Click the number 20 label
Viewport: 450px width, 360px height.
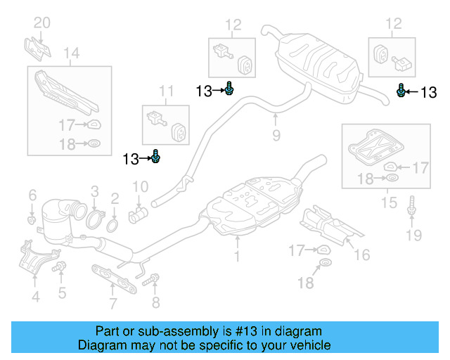[42, 22]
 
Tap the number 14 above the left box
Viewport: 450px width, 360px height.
[72, 53]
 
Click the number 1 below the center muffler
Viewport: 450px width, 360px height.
[237, 257]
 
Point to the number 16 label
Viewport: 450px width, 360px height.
[361, 254]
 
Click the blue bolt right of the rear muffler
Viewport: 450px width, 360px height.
[401, 91]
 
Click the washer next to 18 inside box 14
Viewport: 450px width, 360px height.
[92, 146]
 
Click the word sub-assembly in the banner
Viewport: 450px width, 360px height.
[169, 331]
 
